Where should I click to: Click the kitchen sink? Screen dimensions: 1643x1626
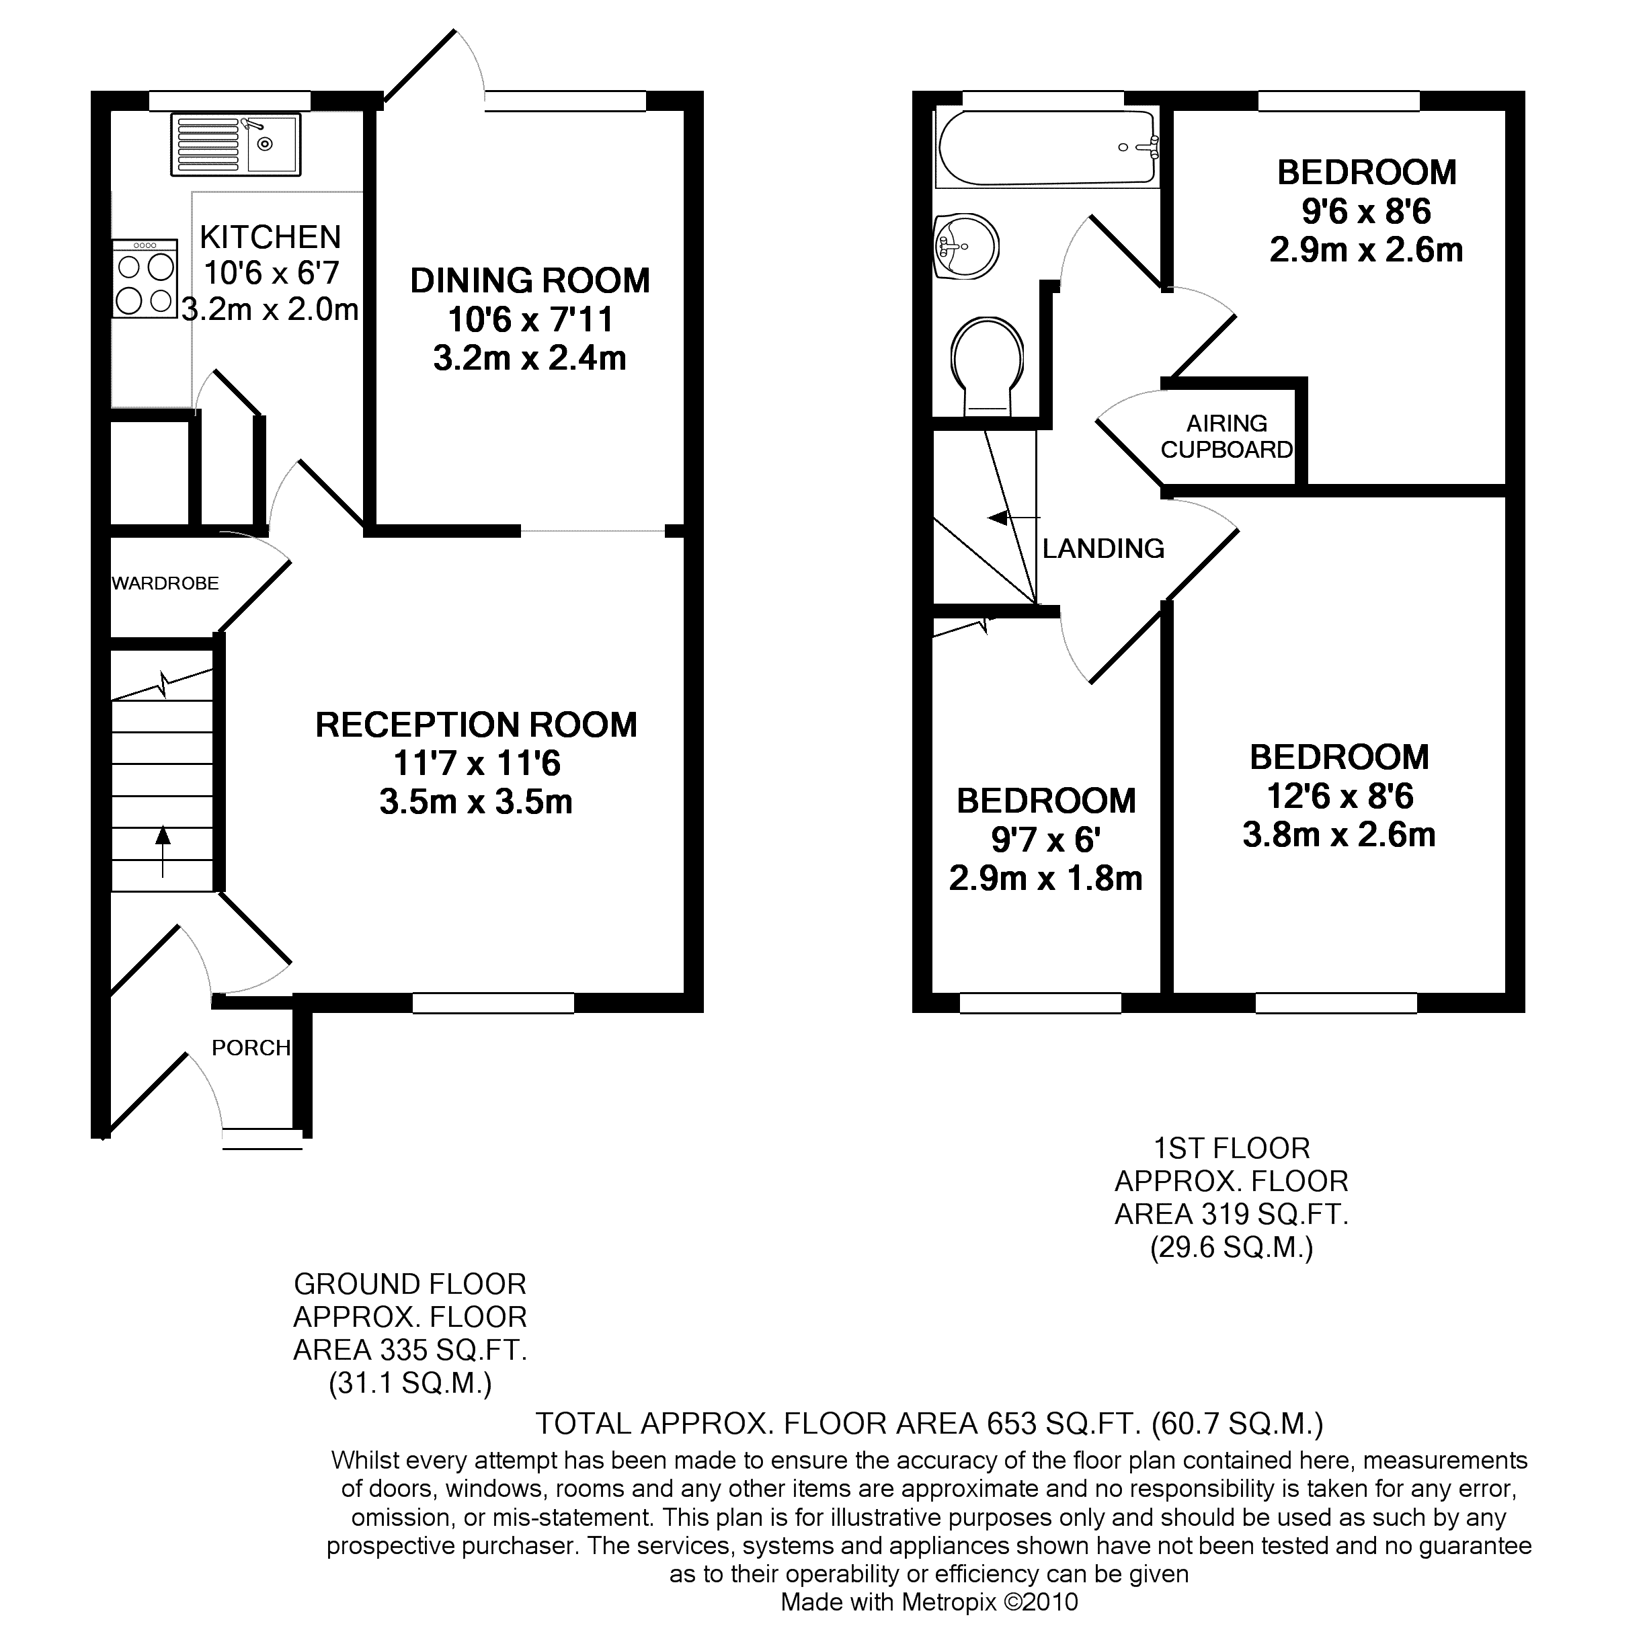[x=235, y=145]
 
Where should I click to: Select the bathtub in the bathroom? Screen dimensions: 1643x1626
[x=1047, y=147]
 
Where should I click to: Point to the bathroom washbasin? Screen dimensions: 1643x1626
[x=966, y=246]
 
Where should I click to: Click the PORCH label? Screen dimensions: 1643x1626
[x=251, y=1048]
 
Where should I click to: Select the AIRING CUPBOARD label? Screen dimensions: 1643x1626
[x=1226, y=436]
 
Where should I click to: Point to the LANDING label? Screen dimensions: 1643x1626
[x=1103, y=548]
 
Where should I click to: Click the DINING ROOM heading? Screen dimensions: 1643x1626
[x=530, y=281]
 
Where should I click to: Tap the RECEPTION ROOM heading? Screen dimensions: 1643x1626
[x=476, y=725]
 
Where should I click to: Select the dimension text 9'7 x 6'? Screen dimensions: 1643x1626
[x=1046, y=840]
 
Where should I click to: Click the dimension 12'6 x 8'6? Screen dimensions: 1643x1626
[x=1339, y=796]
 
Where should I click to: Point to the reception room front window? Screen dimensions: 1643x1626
[x=493, y=1003]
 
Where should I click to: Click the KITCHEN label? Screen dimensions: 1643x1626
[x=270, y=237]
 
